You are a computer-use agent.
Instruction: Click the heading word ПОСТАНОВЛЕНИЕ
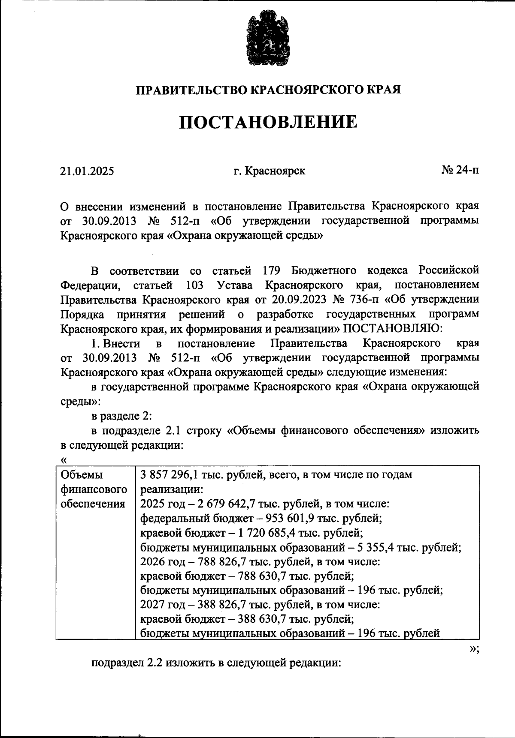point(268,122)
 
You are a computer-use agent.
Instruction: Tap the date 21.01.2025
point(87,171)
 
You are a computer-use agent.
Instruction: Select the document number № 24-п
point(460,170)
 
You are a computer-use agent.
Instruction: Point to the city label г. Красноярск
point(270,171)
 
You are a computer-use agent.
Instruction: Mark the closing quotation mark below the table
point(473,649)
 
